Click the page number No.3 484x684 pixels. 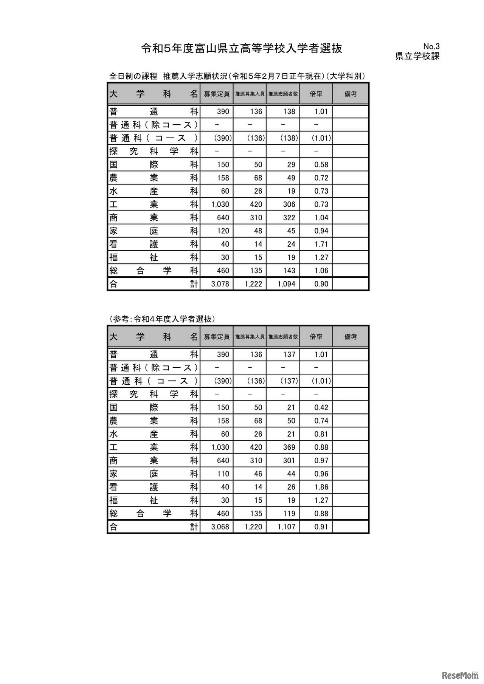tap(431, 46)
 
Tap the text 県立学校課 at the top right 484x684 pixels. tap(417, 56)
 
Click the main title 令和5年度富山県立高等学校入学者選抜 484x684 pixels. tap(242, 48)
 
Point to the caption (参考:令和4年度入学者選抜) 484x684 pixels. tap(162, 319)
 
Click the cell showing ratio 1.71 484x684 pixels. tap(321, 244)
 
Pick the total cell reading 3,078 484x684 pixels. tap(220, 284)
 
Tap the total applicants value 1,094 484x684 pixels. tap(286, 284)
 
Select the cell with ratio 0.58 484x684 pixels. tap(321, 165)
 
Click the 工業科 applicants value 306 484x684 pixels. tap(289, 204)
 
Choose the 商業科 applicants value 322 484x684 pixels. tap(289, 218)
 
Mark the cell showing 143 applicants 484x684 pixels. tap(289, 271)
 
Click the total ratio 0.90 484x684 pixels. tap(321, 284)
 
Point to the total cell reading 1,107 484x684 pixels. tap(286, 527)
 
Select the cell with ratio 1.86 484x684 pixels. tap(321, 487)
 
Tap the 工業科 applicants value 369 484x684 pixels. tap(289, 447)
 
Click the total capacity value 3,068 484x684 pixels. tap(220, 527)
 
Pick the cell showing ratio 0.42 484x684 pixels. tap(321, 408)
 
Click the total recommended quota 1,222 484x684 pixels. tap(253, 284)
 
